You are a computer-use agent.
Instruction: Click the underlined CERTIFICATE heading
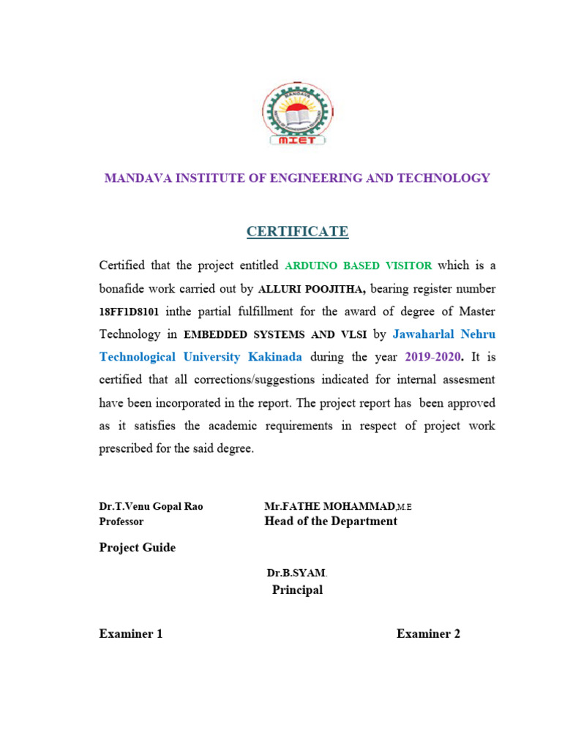tap(297, 232)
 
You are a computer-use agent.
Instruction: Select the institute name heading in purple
tap(297, 178)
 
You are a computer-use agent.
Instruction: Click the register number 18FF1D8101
tap(128, 312)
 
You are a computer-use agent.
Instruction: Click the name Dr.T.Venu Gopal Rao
tap(151, 507)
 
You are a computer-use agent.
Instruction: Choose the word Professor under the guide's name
tap(121, 522)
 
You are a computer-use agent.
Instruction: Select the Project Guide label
tap(138, 547)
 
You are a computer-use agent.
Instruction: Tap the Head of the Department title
tap(331, 521)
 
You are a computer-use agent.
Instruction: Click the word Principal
tap(297, 590)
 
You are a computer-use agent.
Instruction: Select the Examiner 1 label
tap(131, 633)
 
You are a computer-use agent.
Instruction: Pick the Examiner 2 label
tap(428, 633)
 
